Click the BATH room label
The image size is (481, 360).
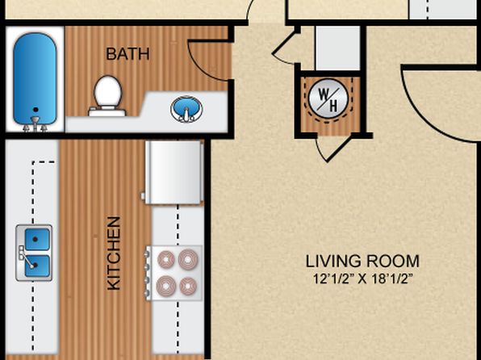point(128,54)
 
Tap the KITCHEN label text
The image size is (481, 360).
point(114,253)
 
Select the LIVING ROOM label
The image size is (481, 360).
point(362,262)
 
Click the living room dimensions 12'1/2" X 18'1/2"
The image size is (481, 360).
point(362,279)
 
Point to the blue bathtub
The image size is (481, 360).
point(35,78)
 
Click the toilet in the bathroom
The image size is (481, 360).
point(107,96)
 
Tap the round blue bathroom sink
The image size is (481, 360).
point(186,109)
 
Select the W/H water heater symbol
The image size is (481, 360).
point(328,98)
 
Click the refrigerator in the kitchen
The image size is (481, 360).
point(174,172)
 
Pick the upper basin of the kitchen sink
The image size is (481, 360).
point(37,239)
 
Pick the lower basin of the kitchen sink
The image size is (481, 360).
point(37,266)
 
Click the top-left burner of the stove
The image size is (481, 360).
point(166,260)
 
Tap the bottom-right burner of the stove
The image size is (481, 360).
point(188,286)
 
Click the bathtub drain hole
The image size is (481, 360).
point(36,110)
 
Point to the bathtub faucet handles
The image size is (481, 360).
point(36,124)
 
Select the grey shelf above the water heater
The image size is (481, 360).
point(337,48)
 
